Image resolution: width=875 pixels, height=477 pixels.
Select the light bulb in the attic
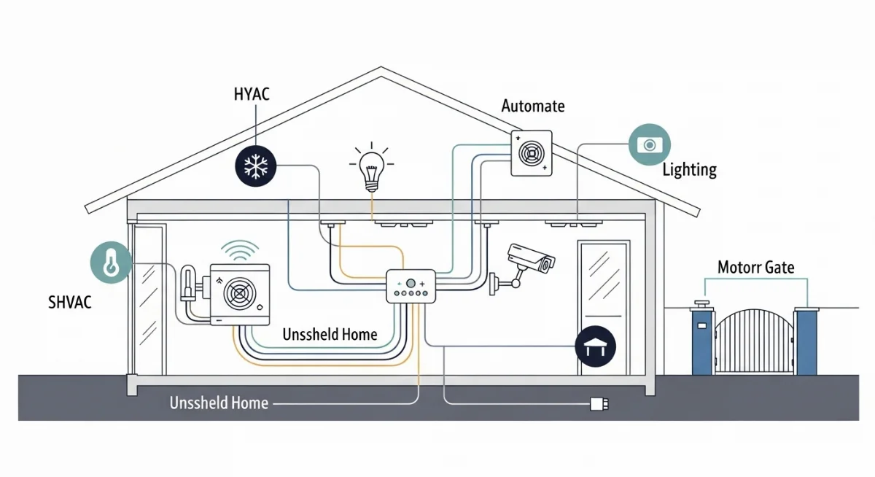pos(371,167)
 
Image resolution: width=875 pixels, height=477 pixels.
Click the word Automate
pos(533,106)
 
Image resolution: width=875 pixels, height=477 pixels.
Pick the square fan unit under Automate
pos(532,153)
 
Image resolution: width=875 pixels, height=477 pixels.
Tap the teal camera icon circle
pos(649,144)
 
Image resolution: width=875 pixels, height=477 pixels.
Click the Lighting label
pos(690,170)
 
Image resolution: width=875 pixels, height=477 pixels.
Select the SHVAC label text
pos(70,302)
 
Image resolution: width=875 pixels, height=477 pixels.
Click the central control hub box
pos(410,285)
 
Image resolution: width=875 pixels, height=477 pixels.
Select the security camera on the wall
pos(531,259)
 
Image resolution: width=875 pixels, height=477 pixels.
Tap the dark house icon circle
pos(596,345)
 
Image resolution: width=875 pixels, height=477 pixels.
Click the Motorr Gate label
pos(756,267)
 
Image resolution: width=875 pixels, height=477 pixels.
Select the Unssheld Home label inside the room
pos(330,335)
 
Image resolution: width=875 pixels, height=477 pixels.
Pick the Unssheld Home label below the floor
pos(219,403)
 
